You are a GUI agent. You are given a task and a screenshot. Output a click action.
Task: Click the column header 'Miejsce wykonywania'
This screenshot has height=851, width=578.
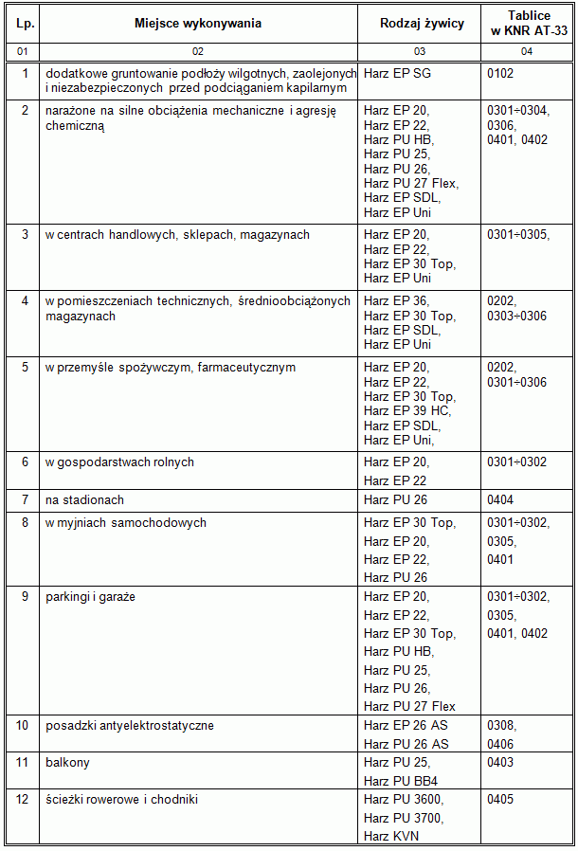click(197, 23)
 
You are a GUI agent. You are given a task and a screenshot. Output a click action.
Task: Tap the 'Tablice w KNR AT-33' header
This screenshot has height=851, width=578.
click(527, 23)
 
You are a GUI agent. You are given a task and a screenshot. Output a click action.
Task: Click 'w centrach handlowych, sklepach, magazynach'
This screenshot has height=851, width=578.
click(177, 234)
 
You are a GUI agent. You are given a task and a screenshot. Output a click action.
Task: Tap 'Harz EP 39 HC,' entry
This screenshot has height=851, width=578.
click(407, 410)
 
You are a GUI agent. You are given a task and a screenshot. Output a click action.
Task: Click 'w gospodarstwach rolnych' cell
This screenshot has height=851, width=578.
click(119, 462)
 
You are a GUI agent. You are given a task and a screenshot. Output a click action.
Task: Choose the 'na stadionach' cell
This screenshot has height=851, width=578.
click(84, 499)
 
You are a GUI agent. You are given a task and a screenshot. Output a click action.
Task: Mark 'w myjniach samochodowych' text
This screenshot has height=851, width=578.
click(125, 522)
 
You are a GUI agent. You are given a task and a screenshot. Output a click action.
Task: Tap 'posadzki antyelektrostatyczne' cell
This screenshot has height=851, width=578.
click(129, 726)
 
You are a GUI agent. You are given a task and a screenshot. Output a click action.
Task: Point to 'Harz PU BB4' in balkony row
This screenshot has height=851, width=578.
click(400, 781)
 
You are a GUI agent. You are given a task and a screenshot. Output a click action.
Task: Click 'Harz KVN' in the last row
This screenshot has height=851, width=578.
click(390, 836)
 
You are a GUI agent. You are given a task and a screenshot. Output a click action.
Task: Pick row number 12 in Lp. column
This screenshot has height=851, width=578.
click(25, 799)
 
